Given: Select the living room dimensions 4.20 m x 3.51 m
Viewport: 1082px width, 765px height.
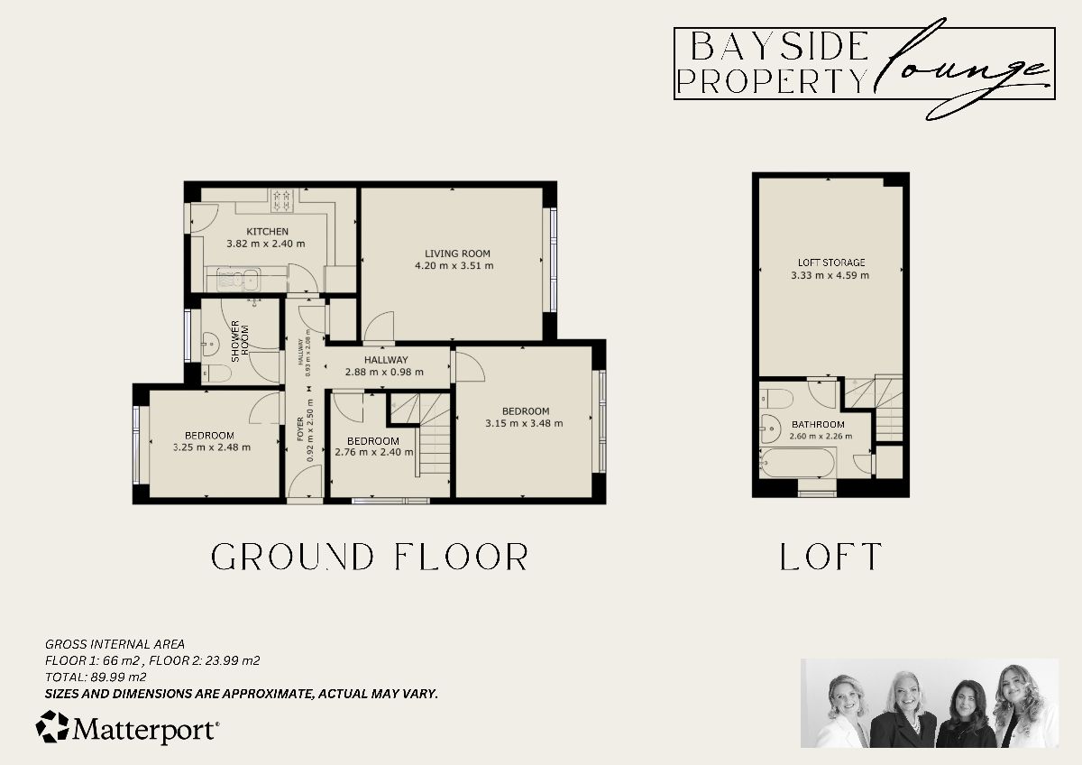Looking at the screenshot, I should click(454, 266).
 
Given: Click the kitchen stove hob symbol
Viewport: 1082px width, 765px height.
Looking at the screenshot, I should click(283, 196).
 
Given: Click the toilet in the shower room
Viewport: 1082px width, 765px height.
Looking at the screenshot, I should click(210, 373).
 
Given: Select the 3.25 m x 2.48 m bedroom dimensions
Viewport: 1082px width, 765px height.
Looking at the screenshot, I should click(212, 447).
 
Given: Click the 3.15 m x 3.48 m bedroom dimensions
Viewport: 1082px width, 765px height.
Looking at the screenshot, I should click(524, 423).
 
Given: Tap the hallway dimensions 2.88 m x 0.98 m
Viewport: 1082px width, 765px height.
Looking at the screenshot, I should click(387, 372).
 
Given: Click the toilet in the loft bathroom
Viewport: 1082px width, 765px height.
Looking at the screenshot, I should click(775, 397).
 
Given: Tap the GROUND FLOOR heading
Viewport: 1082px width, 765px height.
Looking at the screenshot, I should click(369, 557).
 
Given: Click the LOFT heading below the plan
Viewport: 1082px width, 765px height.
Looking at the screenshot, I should click(830, 557).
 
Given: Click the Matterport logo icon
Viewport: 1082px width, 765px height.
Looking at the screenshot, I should click(52, 727).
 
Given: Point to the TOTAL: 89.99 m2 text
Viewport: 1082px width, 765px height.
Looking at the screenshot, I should click(96, 677).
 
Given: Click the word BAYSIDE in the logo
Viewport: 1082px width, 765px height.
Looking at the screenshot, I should click(772, 45).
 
